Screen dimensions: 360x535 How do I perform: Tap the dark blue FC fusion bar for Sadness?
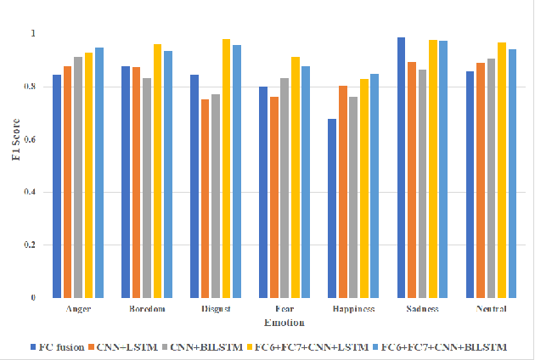pos(401,167)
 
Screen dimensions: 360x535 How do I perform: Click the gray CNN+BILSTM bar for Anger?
pos(77,177)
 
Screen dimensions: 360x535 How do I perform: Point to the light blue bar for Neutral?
pos(512,173)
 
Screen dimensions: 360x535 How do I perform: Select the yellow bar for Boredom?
pos(157,171)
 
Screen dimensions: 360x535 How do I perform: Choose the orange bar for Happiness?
pos(342,192)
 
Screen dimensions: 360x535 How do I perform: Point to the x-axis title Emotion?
pos(284,323)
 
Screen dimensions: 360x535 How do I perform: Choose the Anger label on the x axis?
pos(78,309)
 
